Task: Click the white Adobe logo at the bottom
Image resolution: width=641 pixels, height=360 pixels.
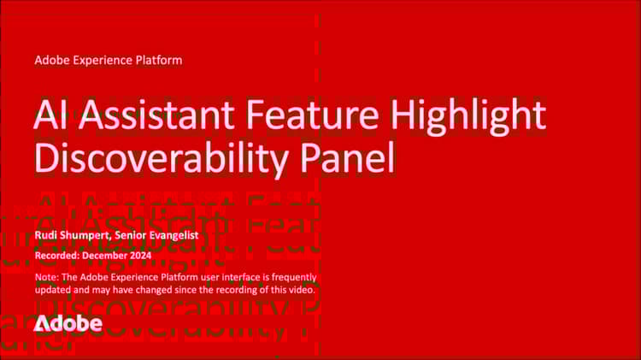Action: pos(68,323)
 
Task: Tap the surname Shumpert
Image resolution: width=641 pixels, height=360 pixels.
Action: pos(94,235)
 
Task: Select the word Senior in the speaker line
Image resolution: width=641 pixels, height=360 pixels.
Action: pos(155,235)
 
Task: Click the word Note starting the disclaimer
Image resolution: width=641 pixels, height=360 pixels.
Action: pos(46,278)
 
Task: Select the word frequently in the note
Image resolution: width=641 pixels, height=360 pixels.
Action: pos(289,278)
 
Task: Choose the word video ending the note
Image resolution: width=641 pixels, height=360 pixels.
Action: pos(301,290)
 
